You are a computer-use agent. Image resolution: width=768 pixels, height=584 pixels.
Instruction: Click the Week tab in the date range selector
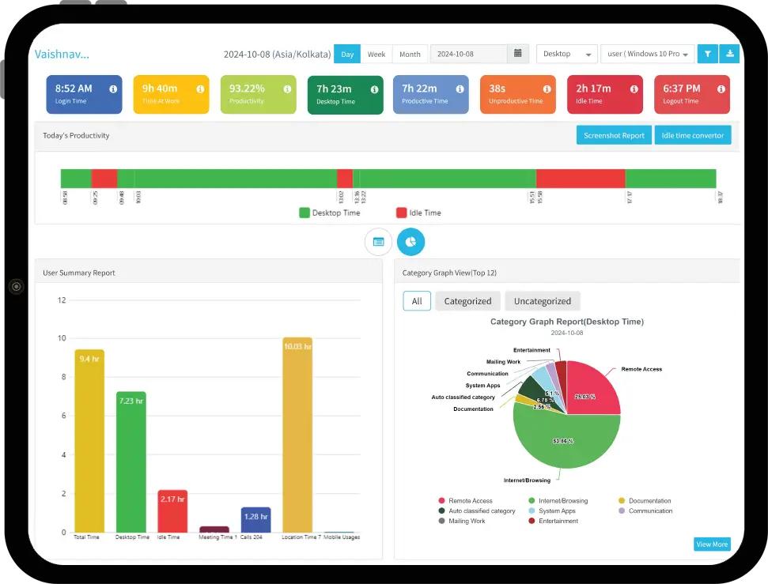(376, 54)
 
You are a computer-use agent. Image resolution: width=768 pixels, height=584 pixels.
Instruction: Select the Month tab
(410, 54)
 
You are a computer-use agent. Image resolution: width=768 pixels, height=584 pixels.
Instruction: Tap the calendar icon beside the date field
(517, 54)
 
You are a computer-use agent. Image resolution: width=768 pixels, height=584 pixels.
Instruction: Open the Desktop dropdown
(566, 54)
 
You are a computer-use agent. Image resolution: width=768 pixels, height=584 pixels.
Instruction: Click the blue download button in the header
(730, 54)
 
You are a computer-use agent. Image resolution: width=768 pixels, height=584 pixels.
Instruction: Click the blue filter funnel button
(708, 54)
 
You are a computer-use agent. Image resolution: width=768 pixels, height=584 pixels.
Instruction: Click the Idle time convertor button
(692, 135)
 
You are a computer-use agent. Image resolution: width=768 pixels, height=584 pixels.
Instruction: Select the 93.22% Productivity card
(258, 94)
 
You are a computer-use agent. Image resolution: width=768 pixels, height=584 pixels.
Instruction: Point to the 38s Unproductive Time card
(516, 94)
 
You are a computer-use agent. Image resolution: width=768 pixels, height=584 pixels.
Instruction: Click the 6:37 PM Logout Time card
(691, 94)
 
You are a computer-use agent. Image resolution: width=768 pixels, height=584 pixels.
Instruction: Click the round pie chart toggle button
(410, 242)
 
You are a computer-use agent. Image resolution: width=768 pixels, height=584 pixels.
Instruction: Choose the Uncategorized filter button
(542, 301)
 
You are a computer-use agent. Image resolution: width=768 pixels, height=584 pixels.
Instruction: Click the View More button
(711, 544)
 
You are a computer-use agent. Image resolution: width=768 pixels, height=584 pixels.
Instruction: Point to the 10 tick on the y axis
(61, 338)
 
